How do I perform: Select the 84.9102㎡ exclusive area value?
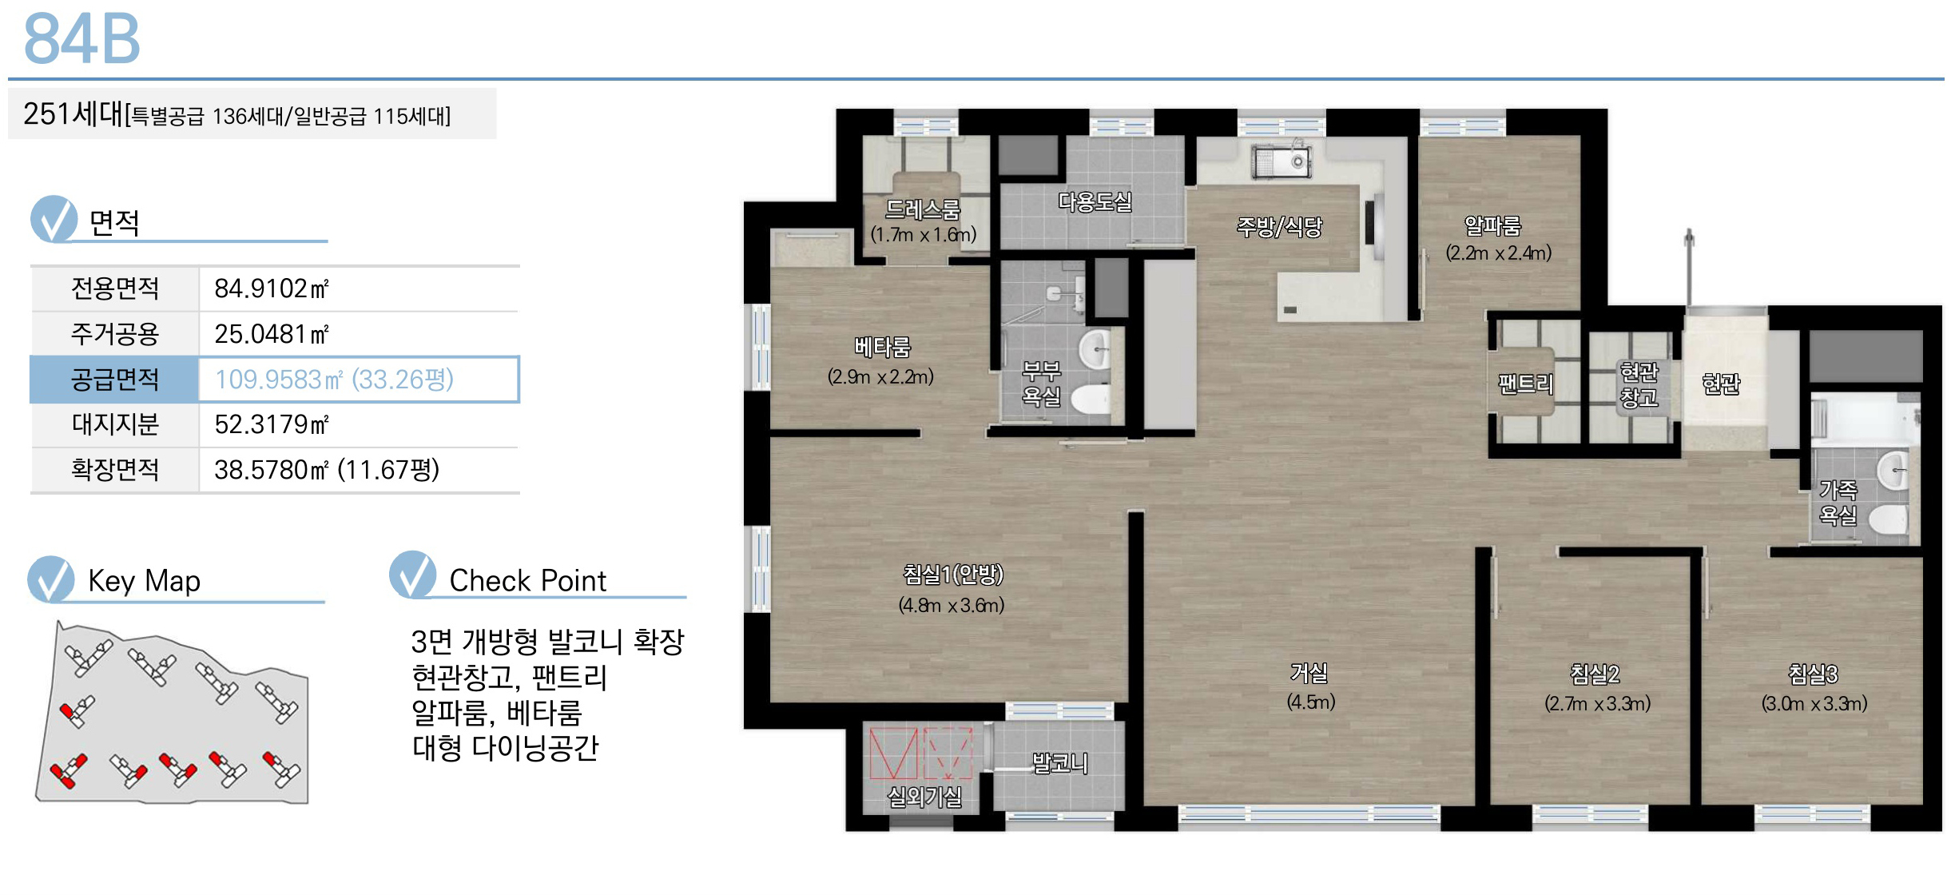(x=272, y=288)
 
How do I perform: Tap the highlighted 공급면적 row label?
(x=115, y=379)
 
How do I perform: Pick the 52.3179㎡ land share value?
(x=272, y=424)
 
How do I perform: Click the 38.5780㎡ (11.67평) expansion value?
(x=327, y=469)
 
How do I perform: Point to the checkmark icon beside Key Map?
(x=51, y=579)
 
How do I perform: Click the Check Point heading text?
(x=527, y=581)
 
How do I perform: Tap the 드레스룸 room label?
(x=923, y=209)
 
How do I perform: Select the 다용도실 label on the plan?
(x=1095, y=201)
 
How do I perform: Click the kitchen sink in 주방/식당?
(x=1281, y=162)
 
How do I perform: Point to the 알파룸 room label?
(x=1492, y=225)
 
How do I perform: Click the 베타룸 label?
(x=882, y=347)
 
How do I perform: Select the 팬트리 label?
(x=1525, y=384)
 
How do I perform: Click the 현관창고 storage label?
(x=1639, y=384)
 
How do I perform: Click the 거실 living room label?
(x=1309, y=673)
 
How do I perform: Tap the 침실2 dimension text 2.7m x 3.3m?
(x=1597, y=703)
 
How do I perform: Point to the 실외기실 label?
(x=924, y=796)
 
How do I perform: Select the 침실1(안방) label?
(x=952, y=574)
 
